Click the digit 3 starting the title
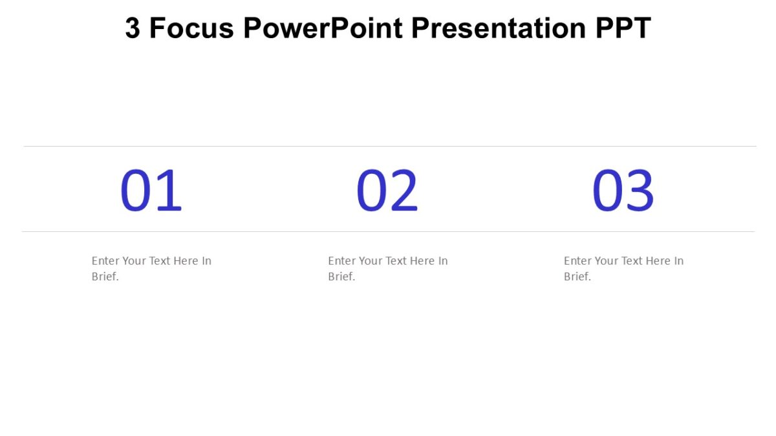point(133,28)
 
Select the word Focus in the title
point(191,28)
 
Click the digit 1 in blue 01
point(169,191)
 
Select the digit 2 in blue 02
point(404,191)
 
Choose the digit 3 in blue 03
point(640,191)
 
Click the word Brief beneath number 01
point(104,276)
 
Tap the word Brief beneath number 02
point(340,276)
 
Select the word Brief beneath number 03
point(576,276)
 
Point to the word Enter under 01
point(105,261)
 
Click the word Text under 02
point(396,261)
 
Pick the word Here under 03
point(657,261)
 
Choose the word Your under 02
point(370,261)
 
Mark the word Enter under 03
point(577,261)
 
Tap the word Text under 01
point(160,261)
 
